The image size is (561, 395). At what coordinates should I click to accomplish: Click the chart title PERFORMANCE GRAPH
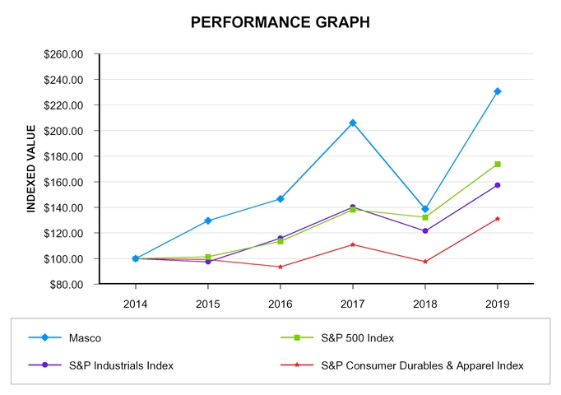pos(280,22)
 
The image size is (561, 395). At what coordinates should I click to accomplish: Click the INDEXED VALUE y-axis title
pos(31,169)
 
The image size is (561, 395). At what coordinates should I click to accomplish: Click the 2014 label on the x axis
pos(136,303)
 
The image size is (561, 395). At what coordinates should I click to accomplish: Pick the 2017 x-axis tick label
pos(352,303)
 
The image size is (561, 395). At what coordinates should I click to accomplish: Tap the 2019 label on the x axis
pos(497,303)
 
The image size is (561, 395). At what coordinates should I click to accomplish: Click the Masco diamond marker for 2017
pos(353,123)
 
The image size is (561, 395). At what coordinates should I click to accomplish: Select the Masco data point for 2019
pos(498,91)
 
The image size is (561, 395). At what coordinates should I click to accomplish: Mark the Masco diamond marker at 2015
pos(208,221)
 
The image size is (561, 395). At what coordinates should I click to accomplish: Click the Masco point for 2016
pos(280,199)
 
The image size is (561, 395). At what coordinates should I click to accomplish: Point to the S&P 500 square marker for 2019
pos(498,164)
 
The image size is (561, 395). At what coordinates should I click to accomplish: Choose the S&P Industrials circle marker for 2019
pos(498,185)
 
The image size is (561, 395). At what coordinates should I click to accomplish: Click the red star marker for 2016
pos(280,267)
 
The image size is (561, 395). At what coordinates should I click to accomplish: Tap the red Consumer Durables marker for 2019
pos(498,219)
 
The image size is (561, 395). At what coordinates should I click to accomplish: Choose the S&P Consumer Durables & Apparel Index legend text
pos(422,365)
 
